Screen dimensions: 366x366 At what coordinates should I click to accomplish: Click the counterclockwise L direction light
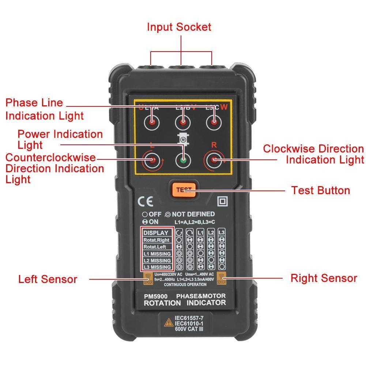click(151, 160)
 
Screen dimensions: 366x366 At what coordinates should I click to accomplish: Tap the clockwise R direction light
click(214, 160)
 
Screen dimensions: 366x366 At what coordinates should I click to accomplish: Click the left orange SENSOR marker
click(148, 279)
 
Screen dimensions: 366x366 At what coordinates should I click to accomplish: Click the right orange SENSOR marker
click(222, 279)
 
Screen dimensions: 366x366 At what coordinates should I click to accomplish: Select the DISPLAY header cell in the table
click(156, 233)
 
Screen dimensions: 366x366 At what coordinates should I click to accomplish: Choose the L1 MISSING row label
click(156, 254)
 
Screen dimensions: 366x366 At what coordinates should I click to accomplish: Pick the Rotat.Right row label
click(156, 240)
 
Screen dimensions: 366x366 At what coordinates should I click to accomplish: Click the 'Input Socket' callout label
click(179, 27)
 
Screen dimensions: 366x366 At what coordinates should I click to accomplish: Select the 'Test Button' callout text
click(320, 190)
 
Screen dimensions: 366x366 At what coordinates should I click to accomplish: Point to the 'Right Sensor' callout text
click(323, 278)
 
